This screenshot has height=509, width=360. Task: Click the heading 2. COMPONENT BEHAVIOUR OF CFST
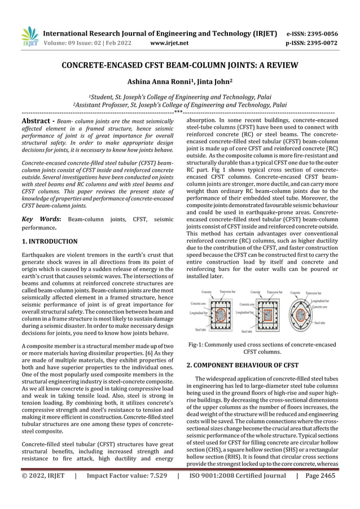pyautogui.click(x=242, y=365)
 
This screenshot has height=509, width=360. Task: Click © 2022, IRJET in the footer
pyautogui.click(x=43, y=491)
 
